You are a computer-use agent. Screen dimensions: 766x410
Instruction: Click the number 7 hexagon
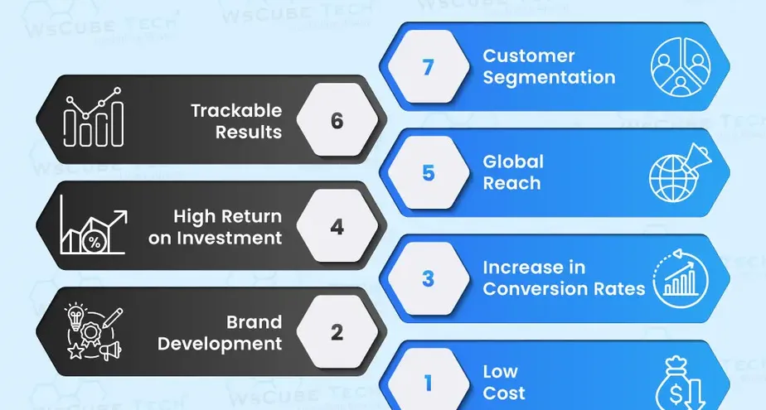click(x=429, y=66)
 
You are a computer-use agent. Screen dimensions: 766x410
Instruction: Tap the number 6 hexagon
click(x=337, y=119)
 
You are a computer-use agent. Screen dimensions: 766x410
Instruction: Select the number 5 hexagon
click(x=429, y=172)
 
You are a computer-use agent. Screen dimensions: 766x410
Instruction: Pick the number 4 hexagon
click(x=337, y=225)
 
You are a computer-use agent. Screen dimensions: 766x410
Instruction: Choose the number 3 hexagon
click(x=429, y=278)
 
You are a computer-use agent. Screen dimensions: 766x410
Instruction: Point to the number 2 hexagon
click(x=337, y=332)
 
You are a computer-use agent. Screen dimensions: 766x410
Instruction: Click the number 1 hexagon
click(x=429, y=383)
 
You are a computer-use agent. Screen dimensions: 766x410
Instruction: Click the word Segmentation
click(x=549, y=78)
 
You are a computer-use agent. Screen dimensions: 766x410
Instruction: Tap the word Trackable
click(x=236, y=110)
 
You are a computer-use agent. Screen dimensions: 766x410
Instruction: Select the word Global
click(x=513, y=162)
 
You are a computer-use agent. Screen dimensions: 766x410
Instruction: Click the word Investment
click(x=230, y=238)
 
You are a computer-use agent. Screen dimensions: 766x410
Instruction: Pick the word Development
click(x=220, y=344)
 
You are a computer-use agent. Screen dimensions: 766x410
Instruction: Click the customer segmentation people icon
click(x=681, y=66)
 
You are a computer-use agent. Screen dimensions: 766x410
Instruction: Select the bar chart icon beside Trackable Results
click(x=94, y=117)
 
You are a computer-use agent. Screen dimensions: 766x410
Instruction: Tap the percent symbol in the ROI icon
click(x=95, y=243)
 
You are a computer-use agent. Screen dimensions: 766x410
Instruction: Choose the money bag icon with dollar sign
click(x=679, y=383)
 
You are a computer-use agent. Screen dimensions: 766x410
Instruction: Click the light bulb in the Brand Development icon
click(x=75, y=316)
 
